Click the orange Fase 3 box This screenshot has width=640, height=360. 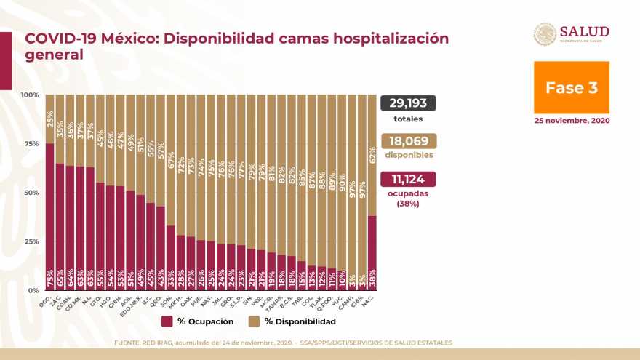click(x=572, y=87)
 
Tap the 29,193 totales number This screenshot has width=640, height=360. click(x=407, y=103)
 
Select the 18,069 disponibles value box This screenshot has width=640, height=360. click(x=407, y=140)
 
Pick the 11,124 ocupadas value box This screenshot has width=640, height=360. click(x=407, y=179)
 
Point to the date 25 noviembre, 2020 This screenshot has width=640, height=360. click(x=572, y=120)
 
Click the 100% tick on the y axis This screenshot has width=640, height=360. click(x=30, y=95)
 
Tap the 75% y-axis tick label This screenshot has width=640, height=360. click(x=31, y=144)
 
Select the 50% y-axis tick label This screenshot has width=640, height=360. click(x=31, y=193)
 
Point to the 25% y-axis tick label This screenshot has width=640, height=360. click(x=31, y=241)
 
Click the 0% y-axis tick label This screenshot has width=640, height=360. click(x=33, y=290)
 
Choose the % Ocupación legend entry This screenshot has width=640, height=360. click(x=197, y=321)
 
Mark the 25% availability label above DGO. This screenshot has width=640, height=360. click(x=49, y=117)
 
